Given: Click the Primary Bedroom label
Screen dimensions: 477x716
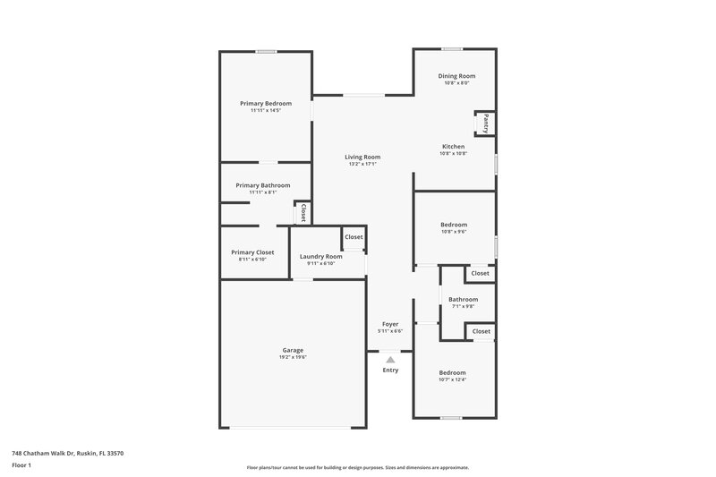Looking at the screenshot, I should point(265,103).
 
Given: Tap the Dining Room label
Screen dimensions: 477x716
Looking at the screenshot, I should point(456,76).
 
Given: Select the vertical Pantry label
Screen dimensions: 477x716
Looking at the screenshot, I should point(486,123).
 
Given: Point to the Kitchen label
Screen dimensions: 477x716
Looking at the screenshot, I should point(453,146).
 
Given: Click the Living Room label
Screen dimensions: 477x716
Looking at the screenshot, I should point(362,157).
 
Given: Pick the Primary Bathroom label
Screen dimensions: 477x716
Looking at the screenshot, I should point(262,185).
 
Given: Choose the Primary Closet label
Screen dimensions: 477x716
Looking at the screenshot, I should point(252,252).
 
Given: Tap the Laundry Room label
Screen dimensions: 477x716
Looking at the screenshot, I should point(320,256).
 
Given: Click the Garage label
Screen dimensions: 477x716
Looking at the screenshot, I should point(293,350).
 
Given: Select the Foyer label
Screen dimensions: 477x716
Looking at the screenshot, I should point(390,324).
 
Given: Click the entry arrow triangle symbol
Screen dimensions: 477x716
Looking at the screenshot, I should point(390,359).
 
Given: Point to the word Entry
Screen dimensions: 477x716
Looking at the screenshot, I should point(390,370).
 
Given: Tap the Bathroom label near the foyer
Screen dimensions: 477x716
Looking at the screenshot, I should point(463,299).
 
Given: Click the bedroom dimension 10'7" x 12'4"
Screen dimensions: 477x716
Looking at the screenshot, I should point(452,379).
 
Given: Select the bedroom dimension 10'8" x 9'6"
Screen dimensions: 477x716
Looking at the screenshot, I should point(453,232).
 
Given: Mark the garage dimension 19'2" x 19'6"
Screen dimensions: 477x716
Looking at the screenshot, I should point(293,357).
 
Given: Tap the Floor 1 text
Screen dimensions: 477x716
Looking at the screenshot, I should point(22,466).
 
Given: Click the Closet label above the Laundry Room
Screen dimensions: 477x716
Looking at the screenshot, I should point(354,237).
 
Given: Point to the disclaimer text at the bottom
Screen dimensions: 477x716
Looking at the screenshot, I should point(357,467).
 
